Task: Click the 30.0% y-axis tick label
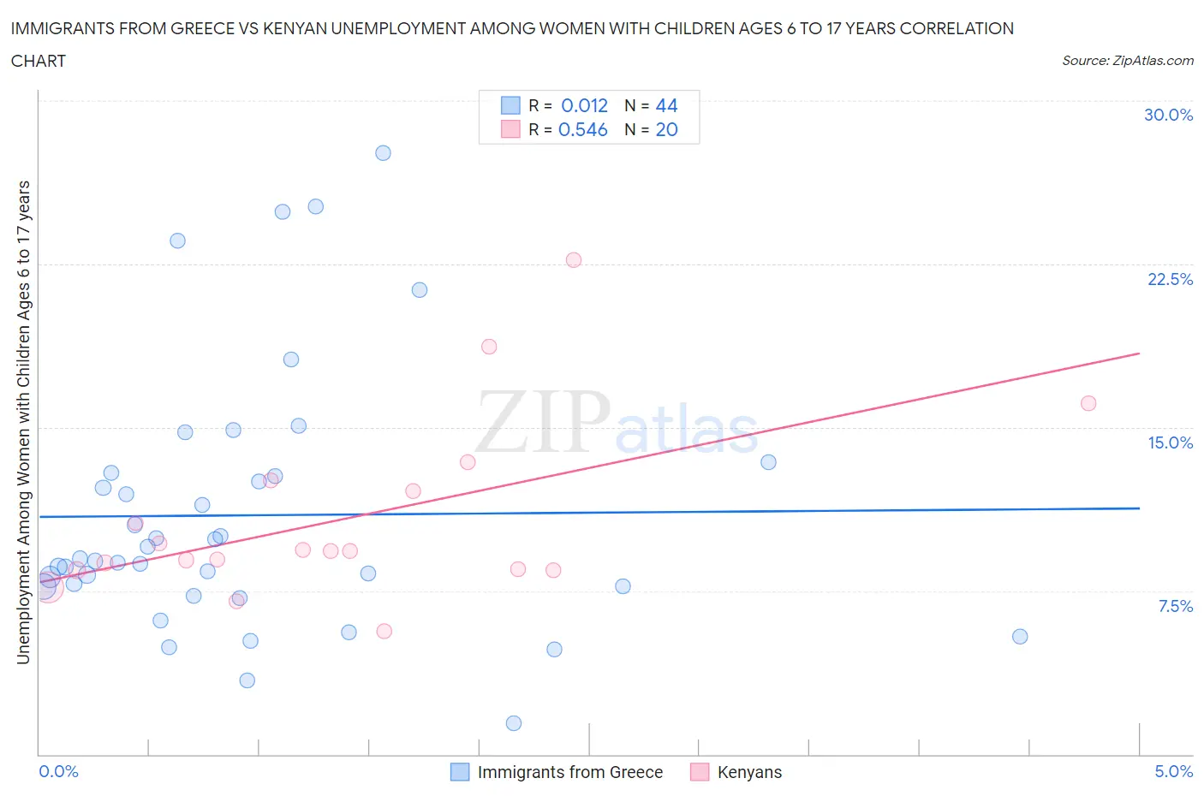pyautogui.click(x=1168, y=115)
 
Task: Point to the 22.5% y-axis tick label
pyautogui.click(x=1170, y=279)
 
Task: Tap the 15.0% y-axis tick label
pyautogui.click(x=1170, y=443)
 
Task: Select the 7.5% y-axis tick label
pyautogui.click(x=1175, y=606)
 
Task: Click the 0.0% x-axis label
pyautogui.click(x=59, y=771)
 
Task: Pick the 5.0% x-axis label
pyautogui.click(x=1173, y=771)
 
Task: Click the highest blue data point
pyautogui.click(x=383, y=153)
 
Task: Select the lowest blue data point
pyautogui.click(x=514, y=723)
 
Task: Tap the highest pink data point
pyautogui.click(x=574, y=260)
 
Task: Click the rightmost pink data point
pyautogui.click(x=1088, y=403)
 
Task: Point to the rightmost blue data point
pyautogui.click(x=1020, y=637)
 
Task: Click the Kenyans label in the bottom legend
pyautogui.click(x=749, y=772)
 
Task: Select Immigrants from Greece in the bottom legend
pyautogui.click(x=569, y=772)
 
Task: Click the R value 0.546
pyautogui.click(x=582, y=129)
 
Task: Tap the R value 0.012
pyautogui.click(x=584, y=105)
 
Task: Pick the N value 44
pyautogui.click(x=666, y=105)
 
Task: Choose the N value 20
pyautogui.click(x=666, y=129)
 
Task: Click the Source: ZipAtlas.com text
pyautogui.click(x=1127, y=60)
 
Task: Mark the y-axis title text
pyautogui.click(x=23, y=422)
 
